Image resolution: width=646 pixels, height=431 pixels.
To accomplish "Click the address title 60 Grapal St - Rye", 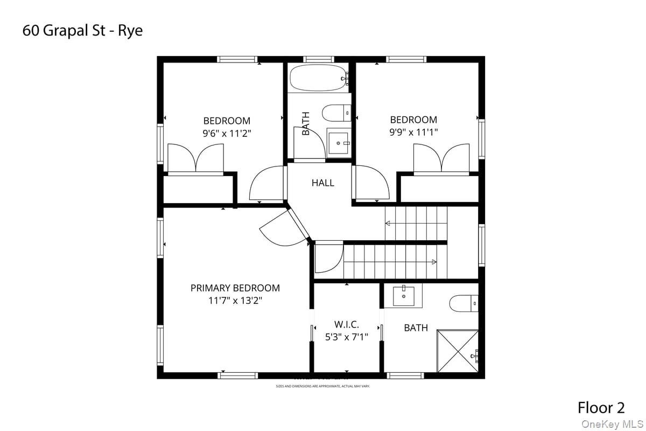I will tap(82, 31).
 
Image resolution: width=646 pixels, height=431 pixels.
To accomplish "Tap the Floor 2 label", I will tap(601, 407).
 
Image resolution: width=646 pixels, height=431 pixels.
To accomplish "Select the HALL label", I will tap(322, 183).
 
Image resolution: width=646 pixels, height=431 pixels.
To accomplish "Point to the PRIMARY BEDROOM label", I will tap(235, 288).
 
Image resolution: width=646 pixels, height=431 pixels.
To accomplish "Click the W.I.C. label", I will tap(346, 324).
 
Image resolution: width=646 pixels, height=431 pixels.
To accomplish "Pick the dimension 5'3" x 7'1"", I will tap(346, 337).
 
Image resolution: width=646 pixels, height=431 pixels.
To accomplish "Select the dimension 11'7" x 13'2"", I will tap(235, 301).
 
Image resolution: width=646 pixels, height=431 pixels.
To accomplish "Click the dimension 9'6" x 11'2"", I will tap(227, 133).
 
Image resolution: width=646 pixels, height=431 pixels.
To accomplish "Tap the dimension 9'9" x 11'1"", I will tap(413, 132).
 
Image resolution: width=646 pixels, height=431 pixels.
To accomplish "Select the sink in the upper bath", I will tap(339, 143).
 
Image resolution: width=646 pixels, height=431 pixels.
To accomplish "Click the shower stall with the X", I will tap(457, 351).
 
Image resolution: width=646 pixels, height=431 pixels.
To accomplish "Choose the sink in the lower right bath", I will tap(404, 295).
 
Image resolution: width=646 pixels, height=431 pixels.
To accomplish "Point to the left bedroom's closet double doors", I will tap(195, 158).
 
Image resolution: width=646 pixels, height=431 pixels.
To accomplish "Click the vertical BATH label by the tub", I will tap(306, 123).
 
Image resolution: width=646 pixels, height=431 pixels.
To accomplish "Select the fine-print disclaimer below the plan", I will tap(323, 386).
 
